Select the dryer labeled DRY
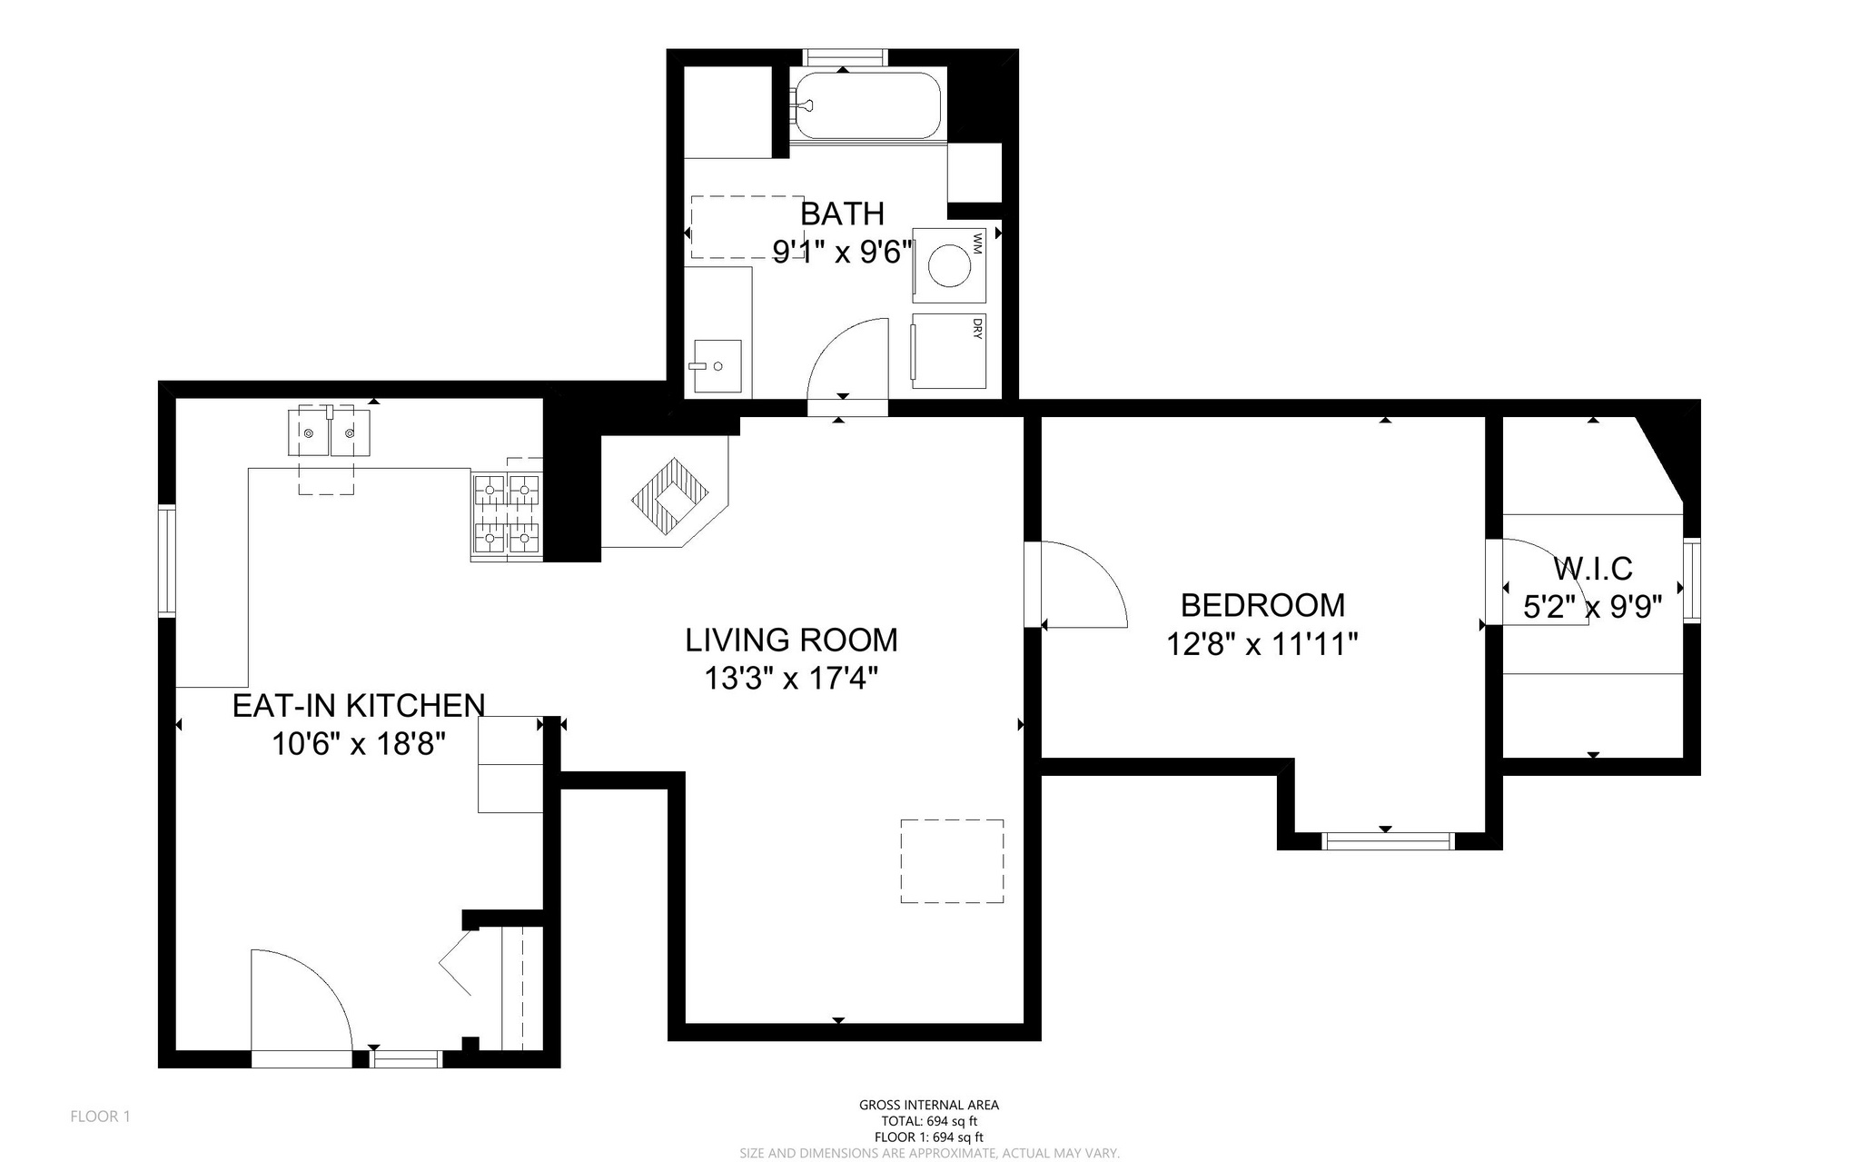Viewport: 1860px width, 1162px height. [949, 352]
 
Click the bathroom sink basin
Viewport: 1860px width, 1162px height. [717, 366]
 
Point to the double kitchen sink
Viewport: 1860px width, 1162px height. [329, 432]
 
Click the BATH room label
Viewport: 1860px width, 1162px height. [842, 214]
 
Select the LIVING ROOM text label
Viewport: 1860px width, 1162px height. [791, 640]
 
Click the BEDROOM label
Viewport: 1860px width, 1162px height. [1262, 604]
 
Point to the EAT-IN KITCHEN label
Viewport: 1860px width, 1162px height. [359, 705]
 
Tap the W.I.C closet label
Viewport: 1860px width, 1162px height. [1592, 569]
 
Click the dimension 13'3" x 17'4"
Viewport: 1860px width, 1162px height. [791, 679]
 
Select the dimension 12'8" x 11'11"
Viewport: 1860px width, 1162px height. [1262, 644]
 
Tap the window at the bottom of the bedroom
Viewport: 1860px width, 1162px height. [1387, 840]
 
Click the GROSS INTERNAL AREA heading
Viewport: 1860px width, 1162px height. [929, 1105]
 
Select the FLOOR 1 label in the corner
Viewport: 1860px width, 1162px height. [101, 1117]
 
